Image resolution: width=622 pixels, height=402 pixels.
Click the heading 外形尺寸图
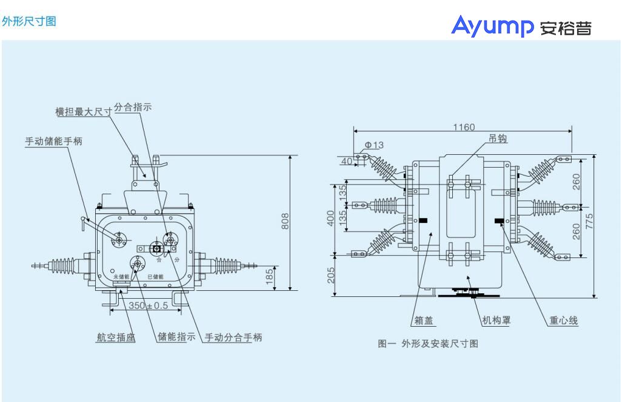(x=29, y=21)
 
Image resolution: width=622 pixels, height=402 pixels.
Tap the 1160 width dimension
(x=464, y=127)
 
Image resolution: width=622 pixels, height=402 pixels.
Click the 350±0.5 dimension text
(x=148, y=305)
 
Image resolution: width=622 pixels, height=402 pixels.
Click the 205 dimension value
(x=330, y=277)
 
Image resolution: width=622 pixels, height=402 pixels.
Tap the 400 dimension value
(x=330, y=218)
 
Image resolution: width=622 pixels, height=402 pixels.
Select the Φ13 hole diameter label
(x=373, y=145)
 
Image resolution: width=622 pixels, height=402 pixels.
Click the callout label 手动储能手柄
(x=53, y=141)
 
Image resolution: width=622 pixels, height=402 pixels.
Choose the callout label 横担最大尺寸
(x=84, y=112)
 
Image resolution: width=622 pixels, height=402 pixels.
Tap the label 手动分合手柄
(x=233, y=338)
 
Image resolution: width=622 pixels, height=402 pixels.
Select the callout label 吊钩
(x=498, y=138)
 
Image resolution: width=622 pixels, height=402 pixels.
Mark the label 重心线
(x=563, y=321)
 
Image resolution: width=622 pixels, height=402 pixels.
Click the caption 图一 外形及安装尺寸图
(x=428, y=344)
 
